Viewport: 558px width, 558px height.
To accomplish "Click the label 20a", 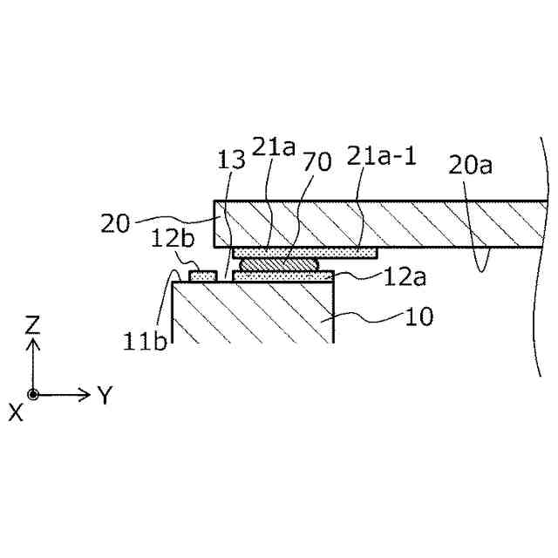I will pyautogui.click(x=472, y=163).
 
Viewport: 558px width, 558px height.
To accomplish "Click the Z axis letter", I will pyautogui.click(x=33, y=325).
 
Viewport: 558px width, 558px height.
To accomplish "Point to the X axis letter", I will pyautogui.click(x=16, y=413).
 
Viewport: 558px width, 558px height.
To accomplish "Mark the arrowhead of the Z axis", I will pyautogui.click(x=33, y=344).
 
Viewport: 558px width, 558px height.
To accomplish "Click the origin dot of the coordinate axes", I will pyautogui.click(x=33, y=394).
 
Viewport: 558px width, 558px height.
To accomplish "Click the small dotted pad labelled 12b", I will pyautogui.click(x=203, y=276).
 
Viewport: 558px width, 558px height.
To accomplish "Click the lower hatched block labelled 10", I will pyautogui.click(x=253, y=311).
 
